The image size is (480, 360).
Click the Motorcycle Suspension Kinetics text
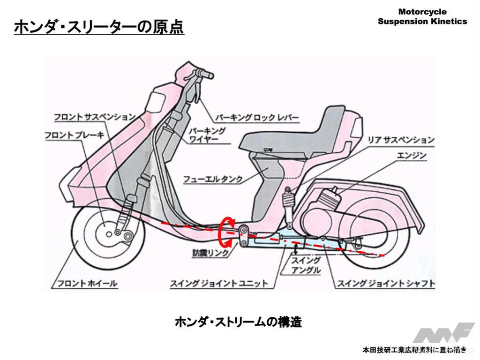click(x=422, y=16)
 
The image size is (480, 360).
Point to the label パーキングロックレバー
click(x=257, y=117)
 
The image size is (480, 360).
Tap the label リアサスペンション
click(x=400, y=140)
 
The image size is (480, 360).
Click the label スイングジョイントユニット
click(x=219, y=283)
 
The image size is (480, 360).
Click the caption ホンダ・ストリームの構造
click(x=238, y=322)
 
